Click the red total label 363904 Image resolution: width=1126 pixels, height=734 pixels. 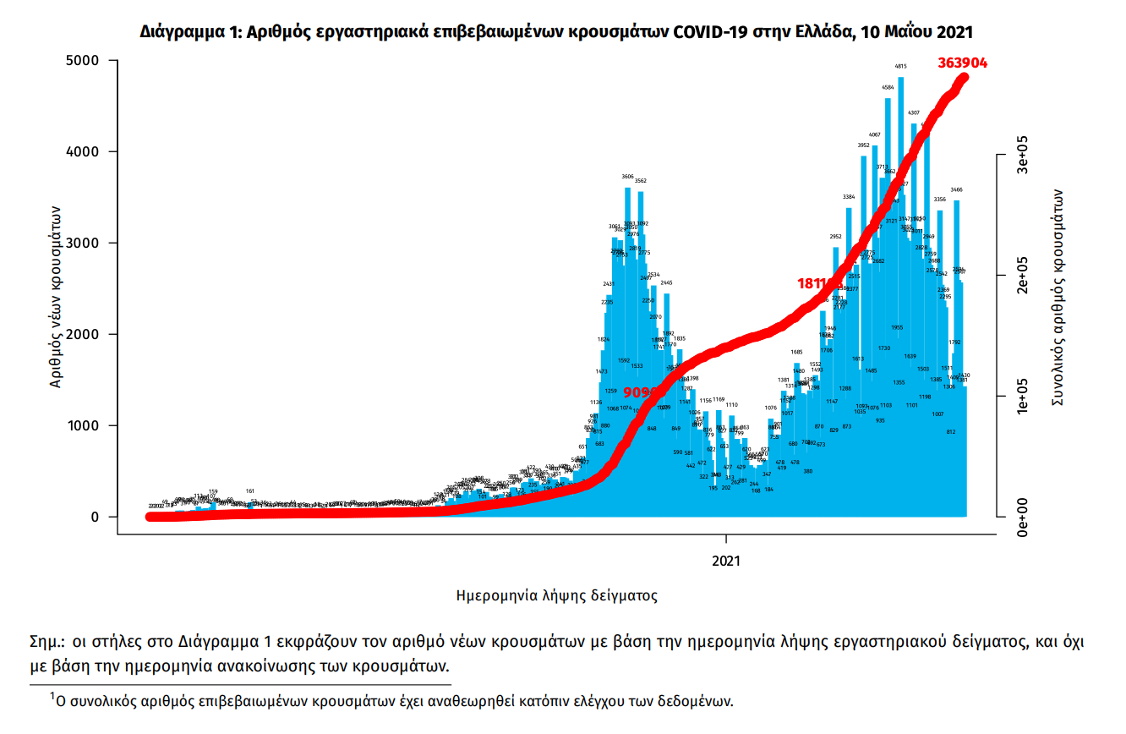962,63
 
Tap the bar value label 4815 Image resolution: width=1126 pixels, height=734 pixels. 901,66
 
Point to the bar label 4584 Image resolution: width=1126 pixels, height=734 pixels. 888,87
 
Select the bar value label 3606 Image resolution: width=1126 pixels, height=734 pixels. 627,177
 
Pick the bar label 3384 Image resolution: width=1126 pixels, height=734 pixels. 849,197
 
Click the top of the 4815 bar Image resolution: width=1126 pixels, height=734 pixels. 901,79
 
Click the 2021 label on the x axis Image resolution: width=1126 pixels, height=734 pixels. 726,561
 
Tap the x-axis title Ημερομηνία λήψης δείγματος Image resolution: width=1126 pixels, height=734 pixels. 556,595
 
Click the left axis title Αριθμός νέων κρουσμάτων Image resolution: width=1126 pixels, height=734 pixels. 56,296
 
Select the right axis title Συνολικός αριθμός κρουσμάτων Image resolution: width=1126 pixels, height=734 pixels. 1057,296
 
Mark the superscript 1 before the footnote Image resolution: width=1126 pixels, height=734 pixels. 52,696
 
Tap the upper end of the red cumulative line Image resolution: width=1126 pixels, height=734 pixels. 964,77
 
